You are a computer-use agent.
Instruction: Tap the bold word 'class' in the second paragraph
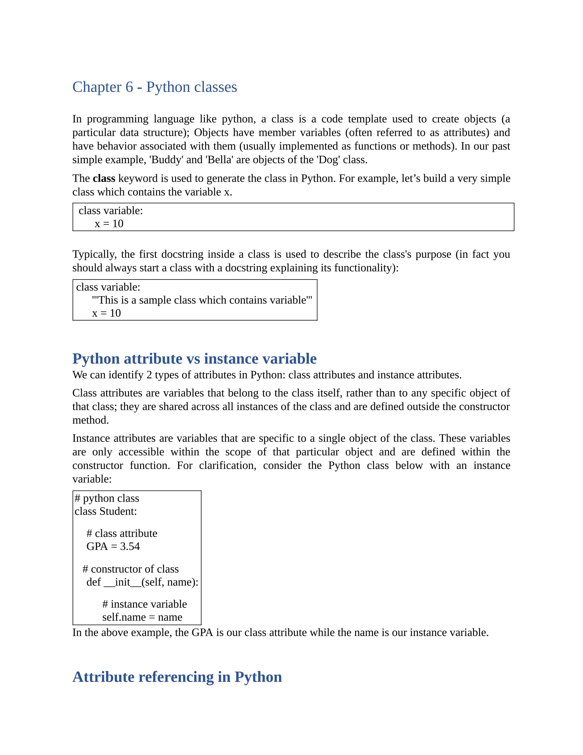coord(104,178)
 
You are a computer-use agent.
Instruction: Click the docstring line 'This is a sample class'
coord(202,300)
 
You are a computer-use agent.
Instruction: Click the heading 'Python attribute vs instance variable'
coord(194,358)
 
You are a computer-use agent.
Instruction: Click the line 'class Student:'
coord(106,511)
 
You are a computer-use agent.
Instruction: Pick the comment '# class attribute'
coord(122,533)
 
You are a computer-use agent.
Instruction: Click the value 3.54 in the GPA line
coord(130,546)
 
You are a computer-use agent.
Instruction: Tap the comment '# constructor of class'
coord(131,569)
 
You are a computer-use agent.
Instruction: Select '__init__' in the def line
coord(122,582)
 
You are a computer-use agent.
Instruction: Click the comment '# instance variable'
coord(144,604)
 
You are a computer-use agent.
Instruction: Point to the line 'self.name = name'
coord(142,617)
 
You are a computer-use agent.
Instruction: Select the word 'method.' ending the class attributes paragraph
coord(91,420)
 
